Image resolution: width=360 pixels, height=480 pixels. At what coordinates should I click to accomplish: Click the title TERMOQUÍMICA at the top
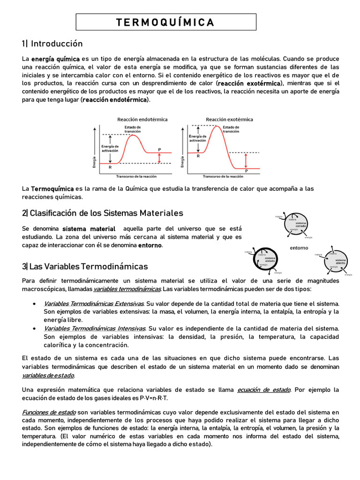[x=165, y=22]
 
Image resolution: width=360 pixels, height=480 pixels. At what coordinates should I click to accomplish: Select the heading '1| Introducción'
[x=52, y=44]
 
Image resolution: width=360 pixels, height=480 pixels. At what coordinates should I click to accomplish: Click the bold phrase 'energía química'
[x=55, y=59]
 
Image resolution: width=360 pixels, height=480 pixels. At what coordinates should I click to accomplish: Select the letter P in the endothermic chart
[x=159, y=150]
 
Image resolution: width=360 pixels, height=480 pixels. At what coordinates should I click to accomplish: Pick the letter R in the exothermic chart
[x=198, y=157]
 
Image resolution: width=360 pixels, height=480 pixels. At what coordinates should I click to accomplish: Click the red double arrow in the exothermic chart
[x=245, y=160]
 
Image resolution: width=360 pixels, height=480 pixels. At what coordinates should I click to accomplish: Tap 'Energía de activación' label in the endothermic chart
[x=110, y=149]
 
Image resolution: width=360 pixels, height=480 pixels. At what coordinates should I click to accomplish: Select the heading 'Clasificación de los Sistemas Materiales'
[x=102, y=213]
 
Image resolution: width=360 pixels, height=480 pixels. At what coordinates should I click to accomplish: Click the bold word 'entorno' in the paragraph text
[x=150, y=245]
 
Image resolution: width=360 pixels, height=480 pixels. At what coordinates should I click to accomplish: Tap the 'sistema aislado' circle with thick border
[x=269, y=259]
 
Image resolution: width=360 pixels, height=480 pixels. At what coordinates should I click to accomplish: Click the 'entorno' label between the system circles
[x=299, y=247]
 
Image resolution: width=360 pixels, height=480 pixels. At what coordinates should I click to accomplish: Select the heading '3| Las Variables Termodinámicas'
[x=85, y=266]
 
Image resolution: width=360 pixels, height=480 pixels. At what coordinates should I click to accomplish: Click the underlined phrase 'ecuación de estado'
[x=264, y=390]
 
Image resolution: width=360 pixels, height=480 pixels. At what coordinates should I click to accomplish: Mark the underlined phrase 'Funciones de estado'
[x=49, y=412]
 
